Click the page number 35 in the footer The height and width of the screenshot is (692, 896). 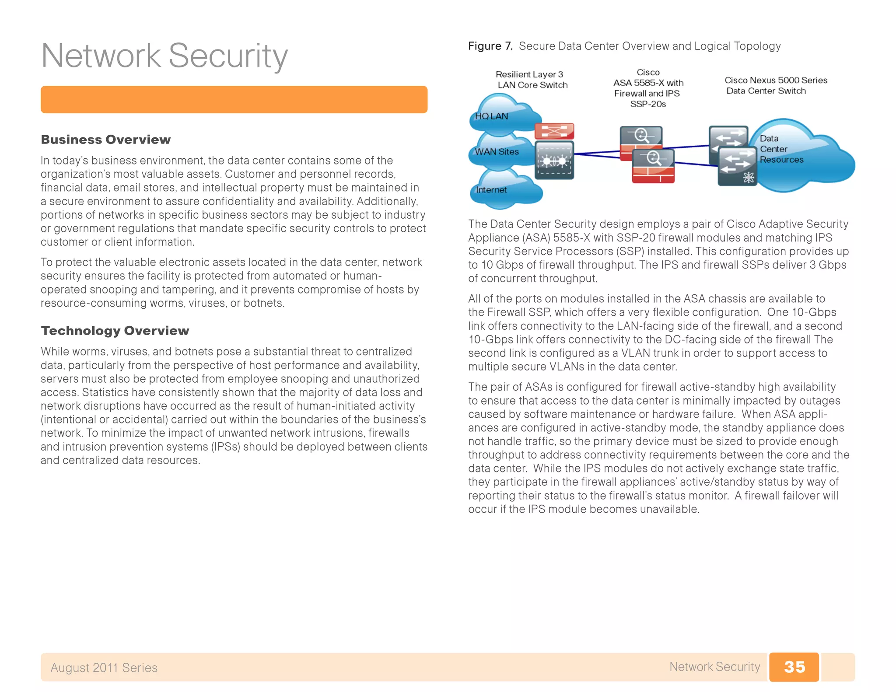click(794, 667)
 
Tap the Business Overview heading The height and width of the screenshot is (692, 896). click(105, 140)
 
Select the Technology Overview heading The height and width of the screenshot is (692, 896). click(115, 331)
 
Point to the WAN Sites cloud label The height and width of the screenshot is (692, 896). click(497, 152)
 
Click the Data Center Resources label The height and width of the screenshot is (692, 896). click(781, 149)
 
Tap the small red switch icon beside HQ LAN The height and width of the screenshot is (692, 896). click(554, 131)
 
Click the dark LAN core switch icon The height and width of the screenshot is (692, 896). click(554, 160)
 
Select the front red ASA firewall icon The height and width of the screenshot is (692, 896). click(653, 166)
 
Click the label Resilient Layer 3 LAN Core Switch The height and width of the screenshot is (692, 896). click(532, 80)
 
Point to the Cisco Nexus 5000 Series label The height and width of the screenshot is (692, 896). click(775, 80)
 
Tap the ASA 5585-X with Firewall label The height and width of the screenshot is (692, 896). click(648, 88)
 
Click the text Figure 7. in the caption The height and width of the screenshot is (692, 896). click(490, 46)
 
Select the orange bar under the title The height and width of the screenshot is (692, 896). click(234, 100)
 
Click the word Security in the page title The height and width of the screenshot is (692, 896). click(228, 56)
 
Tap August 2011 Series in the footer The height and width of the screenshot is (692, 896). click(104, 668)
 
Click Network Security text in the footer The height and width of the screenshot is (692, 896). click(714, 667)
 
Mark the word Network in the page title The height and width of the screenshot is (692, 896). click(101, 56)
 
